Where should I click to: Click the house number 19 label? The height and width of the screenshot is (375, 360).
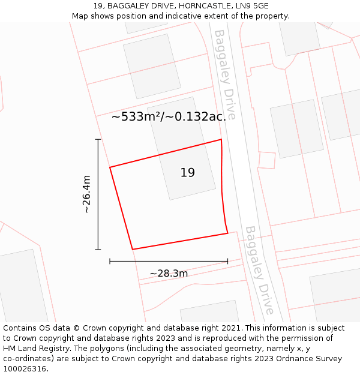click(187, 173)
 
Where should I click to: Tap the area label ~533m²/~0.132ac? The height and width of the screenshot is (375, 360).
click(169, 117)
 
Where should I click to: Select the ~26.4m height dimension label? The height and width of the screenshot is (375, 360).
click(86, 194)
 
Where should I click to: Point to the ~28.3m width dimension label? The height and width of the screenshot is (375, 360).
click(169, 274)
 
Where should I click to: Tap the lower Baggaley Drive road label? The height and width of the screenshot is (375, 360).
click(259, 270)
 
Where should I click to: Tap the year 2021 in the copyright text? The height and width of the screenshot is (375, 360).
click(230, 328)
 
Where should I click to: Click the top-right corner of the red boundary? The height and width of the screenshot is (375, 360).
click(221, 140)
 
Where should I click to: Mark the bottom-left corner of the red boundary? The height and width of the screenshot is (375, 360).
click(132, 249)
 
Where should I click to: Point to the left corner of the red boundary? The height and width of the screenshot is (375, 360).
click(110, 167)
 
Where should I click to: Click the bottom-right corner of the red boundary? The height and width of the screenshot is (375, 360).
click(227, 233)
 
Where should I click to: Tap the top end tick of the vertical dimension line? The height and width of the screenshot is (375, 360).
click(98, 139)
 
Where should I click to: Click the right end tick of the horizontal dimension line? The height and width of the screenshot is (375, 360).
click(227, 261)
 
